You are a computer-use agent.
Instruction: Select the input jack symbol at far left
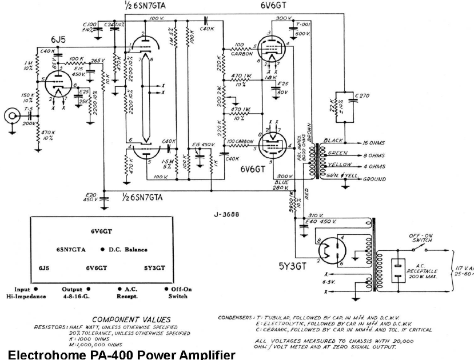[11, 117]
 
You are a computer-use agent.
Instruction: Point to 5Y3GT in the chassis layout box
[154, 267]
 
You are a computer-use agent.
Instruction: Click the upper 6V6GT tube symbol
[272, 45]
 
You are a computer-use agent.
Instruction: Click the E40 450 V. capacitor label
[321, 221]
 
